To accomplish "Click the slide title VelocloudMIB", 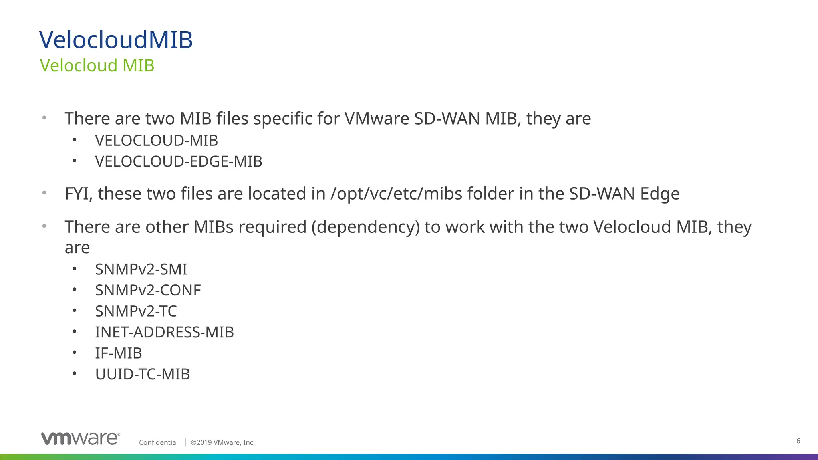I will click(116, 40).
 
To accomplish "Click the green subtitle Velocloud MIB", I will click(97, 66).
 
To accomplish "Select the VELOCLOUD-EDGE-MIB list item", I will click(179, 162).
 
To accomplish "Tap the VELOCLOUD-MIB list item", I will click(157, 141).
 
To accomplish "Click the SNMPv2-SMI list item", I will click(141, 270).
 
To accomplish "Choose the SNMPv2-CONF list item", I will click(148, 290).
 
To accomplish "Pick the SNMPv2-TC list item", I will click(136, 311).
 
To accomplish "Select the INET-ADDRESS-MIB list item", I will click(164, 332).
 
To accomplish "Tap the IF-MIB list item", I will click(118, 353).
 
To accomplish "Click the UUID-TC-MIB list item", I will click(142, 374).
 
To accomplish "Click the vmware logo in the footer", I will click(80, 438).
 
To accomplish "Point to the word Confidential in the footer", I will click(158, 442).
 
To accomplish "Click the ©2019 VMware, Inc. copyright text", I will click(222, 442).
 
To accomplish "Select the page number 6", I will click(798, 441).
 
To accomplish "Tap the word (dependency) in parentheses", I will click(365, 227).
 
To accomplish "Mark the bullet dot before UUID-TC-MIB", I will click(74, 374).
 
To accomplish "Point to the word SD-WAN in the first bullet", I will click(447, 119).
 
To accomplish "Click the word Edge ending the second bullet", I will click(660, 194).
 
